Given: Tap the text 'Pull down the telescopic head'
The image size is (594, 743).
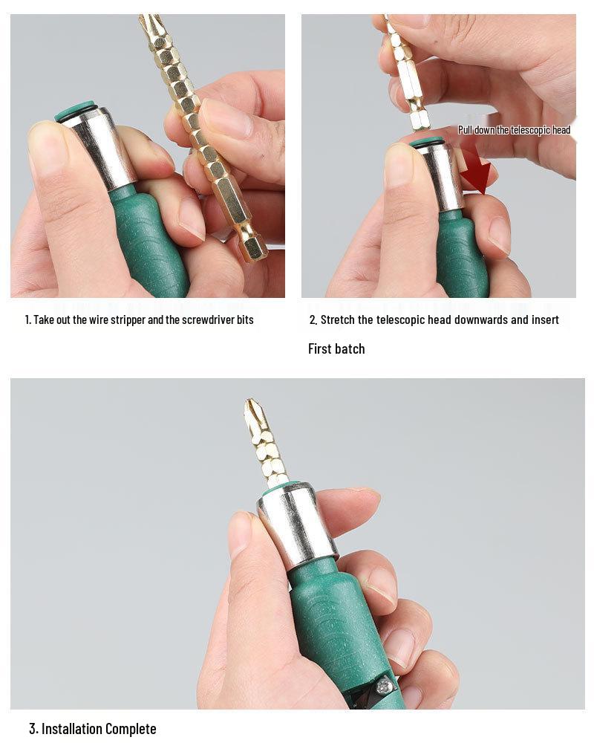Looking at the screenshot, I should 514,130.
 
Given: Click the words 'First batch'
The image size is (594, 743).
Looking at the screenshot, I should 336,348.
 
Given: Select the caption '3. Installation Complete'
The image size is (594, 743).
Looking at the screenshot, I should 93,728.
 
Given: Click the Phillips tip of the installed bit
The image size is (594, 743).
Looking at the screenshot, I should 255,413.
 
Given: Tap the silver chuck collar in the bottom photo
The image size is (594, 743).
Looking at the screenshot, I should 297,524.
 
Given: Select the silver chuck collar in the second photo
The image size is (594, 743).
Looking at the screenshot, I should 443,175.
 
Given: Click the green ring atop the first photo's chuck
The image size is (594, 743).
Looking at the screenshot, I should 75,111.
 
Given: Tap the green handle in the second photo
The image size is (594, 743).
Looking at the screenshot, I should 460,256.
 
